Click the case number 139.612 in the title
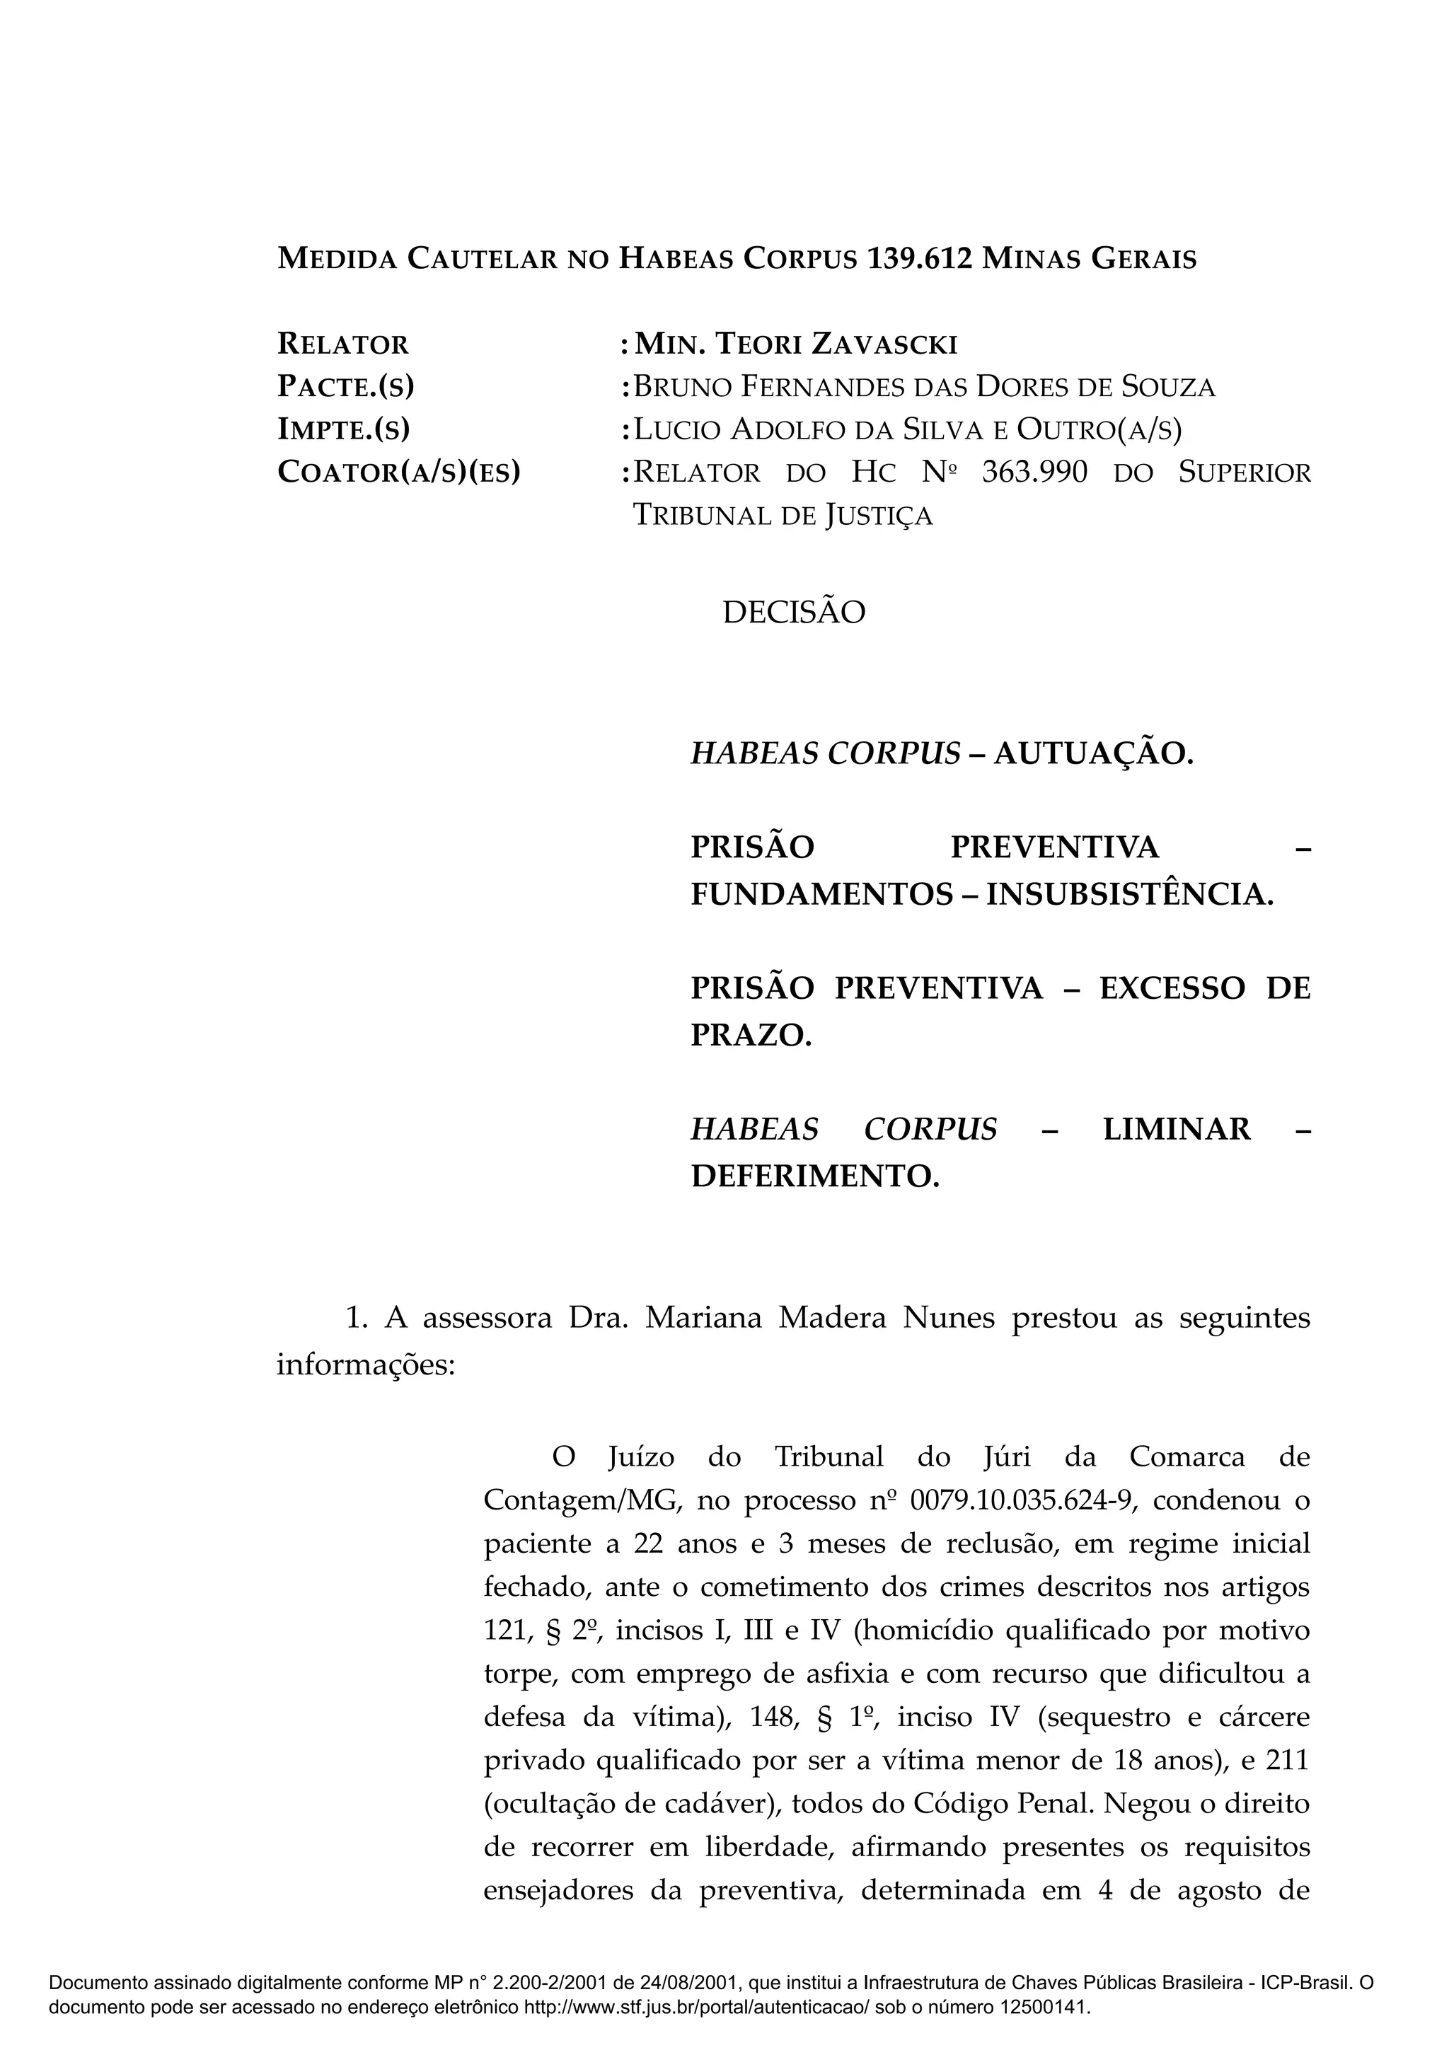point(920,259)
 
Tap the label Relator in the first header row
point(343,344)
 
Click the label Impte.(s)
point(343,429)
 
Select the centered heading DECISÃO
point(794,613)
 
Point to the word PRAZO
point(751,1036)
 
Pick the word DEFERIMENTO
point(815,1177)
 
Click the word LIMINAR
point(1177,1130)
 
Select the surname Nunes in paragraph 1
point(948,1318)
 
